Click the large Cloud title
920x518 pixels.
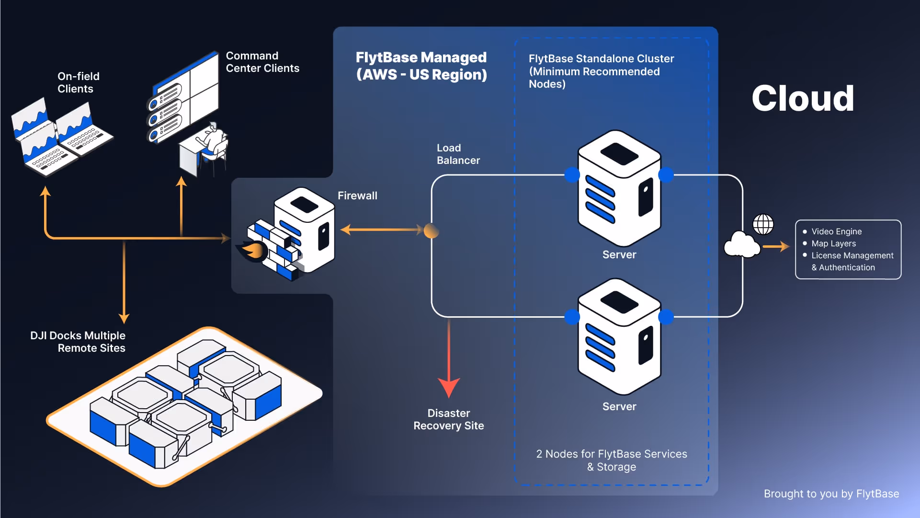(x=803, y=99)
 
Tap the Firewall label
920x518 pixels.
(x=357, y=196)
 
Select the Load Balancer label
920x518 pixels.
(x=458, y=154)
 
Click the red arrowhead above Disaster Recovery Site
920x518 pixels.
(x=449, y=387)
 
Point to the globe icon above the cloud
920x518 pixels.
(x=763, y=224)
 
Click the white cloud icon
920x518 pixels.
(x=741, y=245)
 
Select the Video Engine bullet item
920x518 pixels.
(x=836, y=231)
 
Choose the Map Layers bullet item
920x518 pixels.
(x=833, y=243)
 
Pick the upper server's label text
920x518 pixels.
(x=619, y=255)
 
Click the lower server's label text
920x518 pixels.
(x=619, y=407)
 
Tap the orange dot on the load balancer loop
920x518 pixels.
(x=432, y=231)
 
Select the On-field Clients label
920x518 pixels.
(x=79, y=82)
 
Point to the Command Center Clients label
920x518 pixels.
(x=262, y=62)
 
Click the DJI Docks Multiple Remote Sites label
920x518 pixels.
(x=78, y=342)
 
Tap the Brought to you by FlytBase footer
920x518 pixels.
(x=831, y=494)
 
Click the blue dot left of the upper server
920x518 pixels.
(x=572, y=175)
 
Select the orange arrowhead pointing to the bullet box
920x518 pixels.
(x=784, y=247)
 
